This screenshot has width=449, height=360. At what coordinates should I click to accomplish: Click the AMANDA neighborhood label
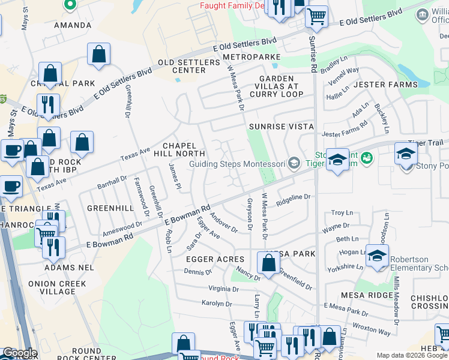(73, 26)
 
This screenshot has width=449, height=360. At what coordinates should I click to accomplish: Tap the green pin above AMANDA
(70, 5)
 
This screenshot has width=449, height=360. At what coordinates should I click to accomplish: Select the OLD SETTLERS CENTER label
(189, 66)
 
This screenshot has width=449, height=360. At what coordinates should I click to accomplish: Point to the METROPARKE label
(252, 57)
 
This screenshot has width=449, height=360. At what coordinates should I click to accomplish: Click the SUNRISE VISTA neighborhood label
(281, 127)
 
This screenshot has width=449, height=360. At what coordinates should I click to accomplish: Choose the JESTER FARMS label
(385, 85)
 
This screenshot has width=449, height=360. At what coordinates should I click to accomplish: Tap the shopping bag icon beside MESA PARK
(268, 262)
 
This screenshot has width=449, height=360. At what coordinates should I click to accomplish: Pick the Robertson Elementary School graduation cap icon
(376, 256)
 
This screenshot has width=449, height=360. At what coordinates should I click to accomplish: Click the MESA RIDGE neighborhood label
(366, 295)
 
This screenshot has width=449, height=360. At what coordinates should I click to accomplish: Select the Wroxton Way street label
(372, 329)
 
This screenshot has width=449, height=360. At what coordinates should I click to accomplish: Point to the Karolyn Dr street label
(217, 304)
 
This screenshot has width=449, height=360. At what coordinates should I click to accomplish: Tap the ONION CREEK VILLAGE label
(57, 287)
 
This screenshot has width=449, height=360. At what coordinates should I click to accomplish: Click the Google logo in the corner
(19, 353)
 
